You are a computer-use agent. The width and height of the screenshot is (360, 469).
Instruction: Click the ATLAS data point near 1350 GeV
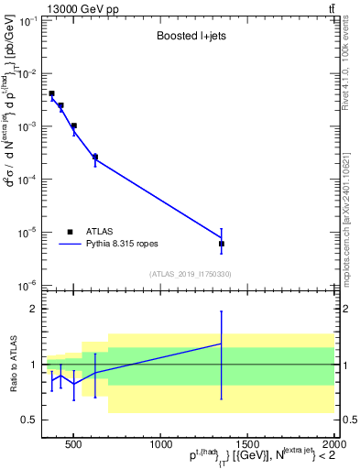[x=222, y=244]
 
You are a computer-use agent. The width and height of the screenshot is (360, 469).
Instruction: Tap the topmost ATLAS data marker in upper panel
[x=52, y=93]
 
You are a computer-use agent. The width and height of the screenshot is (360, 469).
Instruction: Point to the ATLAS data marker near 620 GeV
[x=95, y=157]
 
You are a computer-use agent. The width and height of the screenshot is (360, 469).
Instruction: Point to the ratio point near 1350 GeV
[x=222, y=344]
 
